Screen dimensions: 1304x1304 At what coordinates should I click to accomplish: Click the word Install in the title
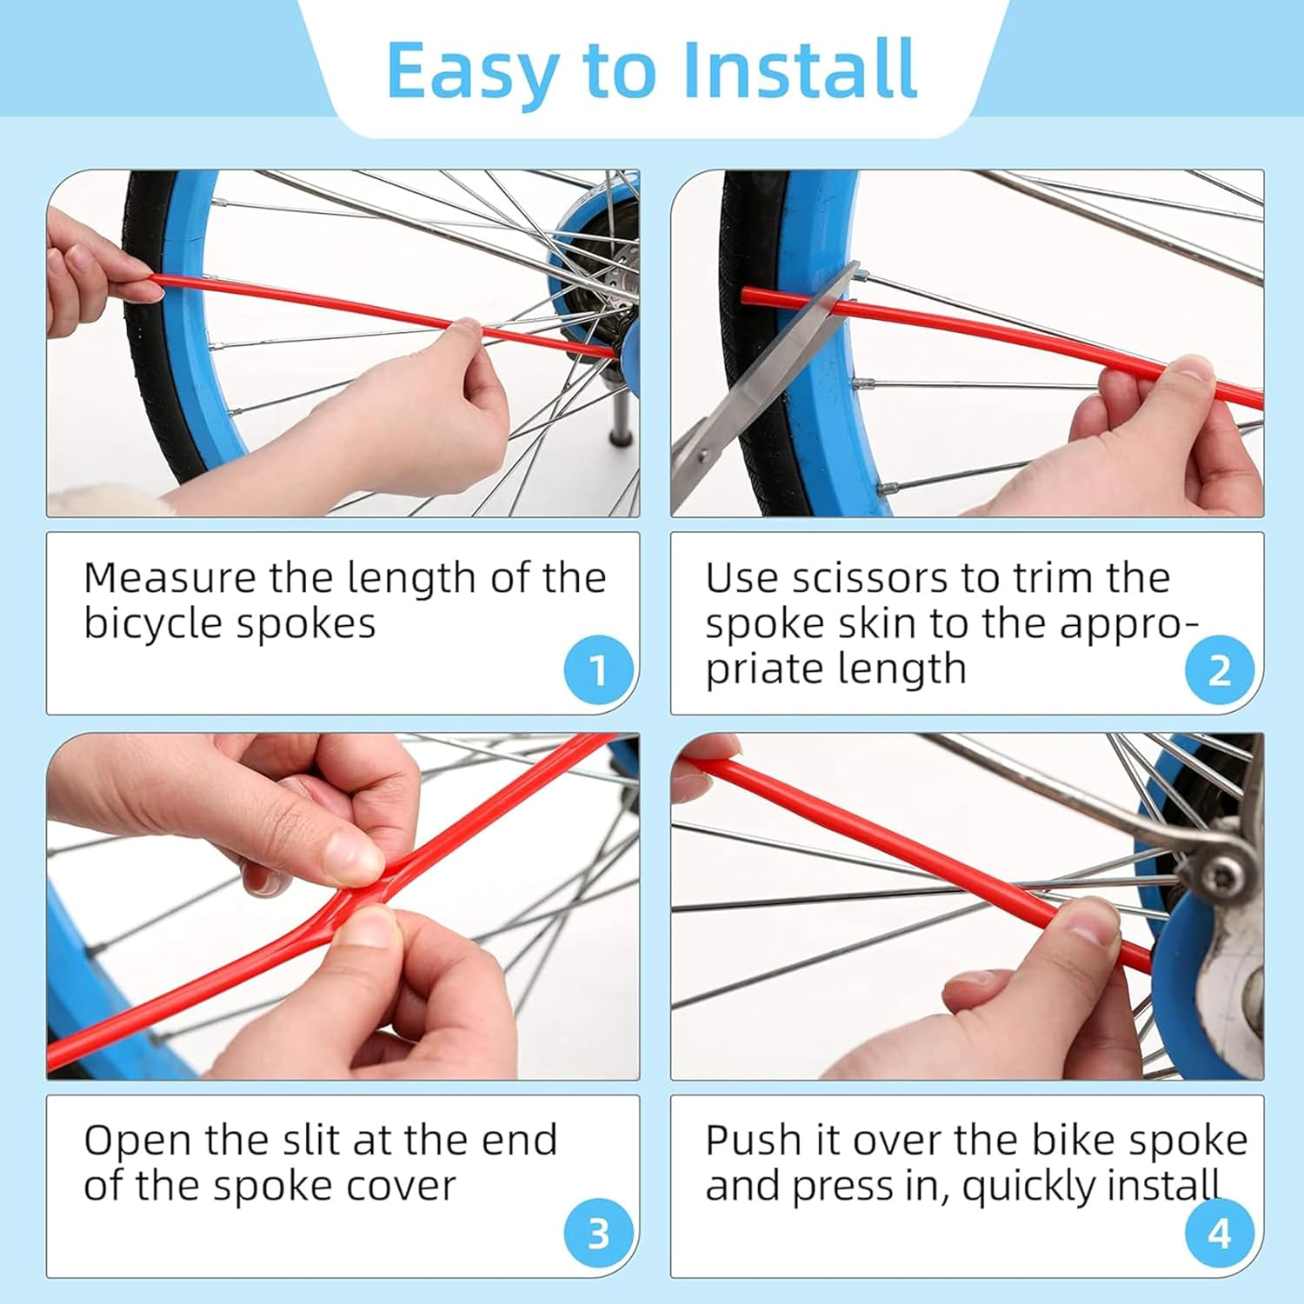(x=800, y=70)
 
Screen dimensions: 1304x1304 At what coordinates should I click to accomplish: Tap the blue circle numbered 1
(x=598, y=670)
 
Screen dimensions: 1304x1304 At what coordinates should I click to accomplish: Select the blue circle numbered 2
(x=1220, y=670)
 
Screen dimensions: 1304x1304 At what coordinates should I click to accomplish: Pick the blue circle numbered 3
(x=598, y=1233)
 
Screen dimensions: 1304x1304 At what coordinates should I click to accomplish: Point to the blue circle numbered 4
(x=1220, y=1233)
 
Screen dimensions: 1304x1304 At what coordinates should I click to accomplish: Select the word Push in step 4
(x=753, y=1141)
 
